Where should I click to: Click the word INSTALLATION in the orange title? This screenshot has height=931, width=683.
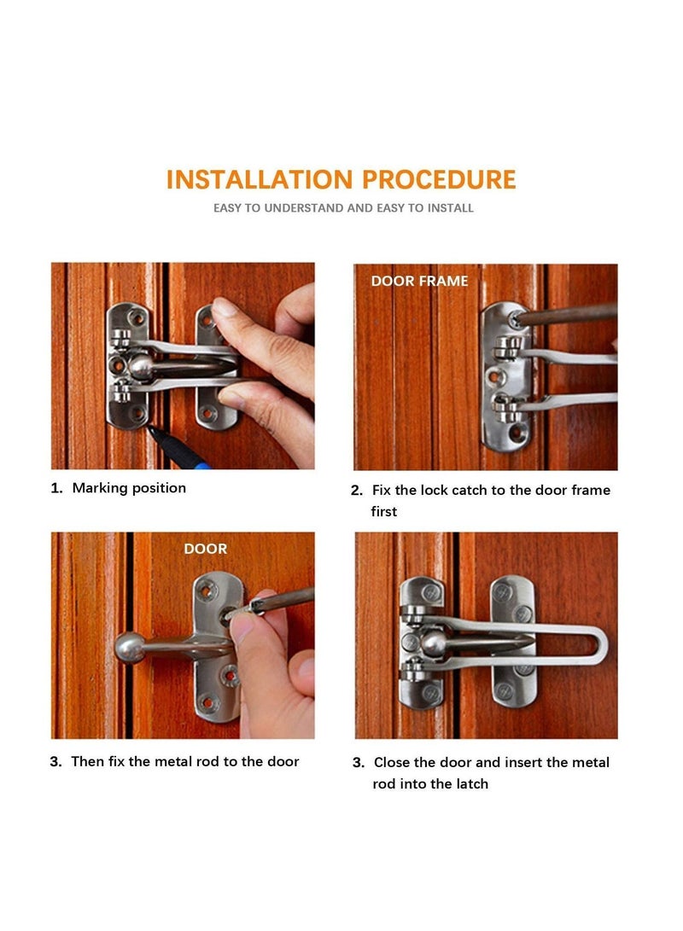tap(260, 180)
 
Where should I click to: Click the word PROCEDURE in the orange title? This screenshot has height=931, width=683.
tap(439, 180)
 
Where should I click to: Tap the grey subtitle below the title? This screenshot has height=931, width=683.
tap(343, 208)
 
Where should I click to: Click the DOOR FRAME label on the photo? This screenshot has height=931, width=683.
tap(419, 281)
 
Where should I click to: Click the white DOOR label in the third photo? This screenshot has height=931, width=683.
tap(206, 549)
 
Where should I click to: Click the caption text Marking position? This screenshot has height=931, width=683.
tap(129, 488)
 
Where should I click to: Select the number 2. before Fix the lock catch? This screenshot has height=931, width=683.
tap(357, 491)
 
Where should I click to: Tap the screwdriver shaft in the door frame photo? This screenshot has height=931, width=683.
tap(568, 314)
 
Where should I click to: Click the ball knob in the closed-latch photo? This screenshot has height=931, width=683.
tap(435, 642)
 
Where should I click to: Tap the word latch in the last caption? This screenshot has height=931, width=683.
tap(470, 783)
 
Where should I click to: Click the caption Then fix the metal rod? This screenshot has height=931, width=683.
tap(185, 761)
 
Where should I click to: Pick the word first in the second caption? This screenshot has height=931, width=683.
tap(384, 511)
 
